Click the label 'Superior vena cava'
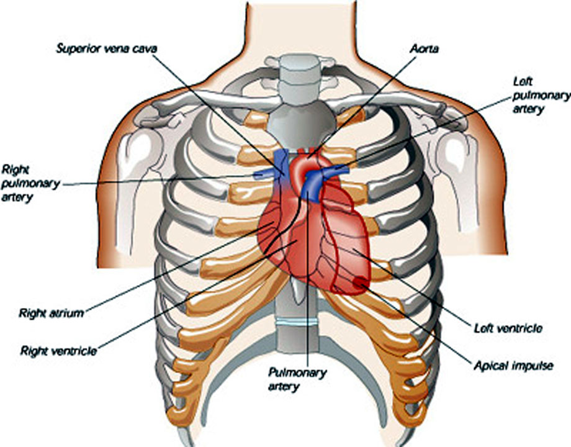pyautogui.click(x=106, y=48)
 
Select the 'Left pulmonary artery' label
pyautogui.click(x=541, y=95)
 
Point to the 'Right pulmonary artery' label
pyautogui.click(x=30, y=183)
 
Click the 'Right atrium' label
pyautogui.click(x=52, y=313)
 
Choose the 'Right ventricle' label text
pyautogui.click(x=58, y=351)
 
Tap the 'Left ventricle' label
pyautogui.click(x=508, y=328)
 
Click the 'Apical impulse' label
pyautogui.click(x=513, y=366)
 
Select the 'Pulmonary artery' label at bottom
pyautogui.click(x=297, y=379)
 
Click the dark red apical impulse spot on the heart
pyautogui.click(x=360, y=282)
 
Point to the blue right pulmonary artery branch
pyautogui.click(x=265, y=174)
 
